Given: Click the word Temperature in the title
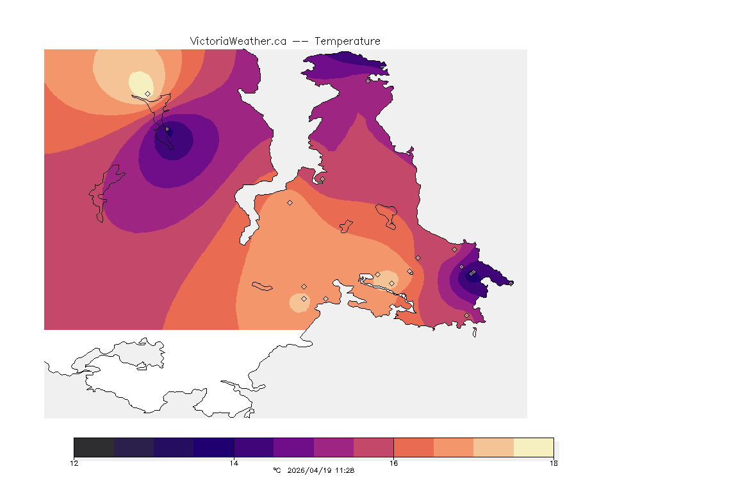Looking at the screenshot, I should click(x=348, y=41).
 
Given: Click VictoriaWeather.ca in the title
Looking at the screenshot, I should click(x=238, y=41).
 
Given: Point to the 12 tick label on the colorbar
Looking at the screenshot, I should click(x=74, y=463).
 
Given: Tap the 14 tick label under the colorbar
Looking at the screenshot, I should click(x=234, y=463).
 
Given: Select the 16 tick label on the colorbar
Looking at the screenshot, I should click(x=393, y=463).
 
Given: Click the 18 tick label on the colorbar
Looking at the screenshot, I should click(x=553, y=463).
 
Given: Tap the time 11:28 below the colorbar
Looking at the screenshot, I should click(x=345, y=470).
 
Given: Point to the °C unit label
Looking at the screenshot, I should click(x=277, y=470).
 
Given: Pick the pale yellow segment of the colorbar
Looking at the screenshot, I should click(x=534, y=447).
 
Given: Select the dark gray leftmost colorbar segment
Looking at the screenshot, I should click(x=94, y=447).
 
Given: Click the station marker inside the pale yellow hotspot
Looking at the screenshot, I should click(x=148, y=94).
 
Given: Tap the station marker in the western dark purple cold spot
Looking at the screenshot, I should click(x=167, y=129).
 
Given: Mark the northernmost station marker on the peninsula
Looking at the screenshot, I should click(x=368, y=81).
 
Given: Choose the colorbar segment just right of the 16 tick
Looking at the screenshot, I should click(x=413, y=447).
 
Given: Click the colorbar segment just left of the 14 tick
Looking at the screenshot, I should click(x=214, y=447).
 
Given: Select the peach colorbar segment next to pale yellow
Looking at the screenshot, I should click(x=493, y=447).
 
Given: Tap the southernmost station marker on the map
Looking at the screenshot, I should click(x=466, y=315).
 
